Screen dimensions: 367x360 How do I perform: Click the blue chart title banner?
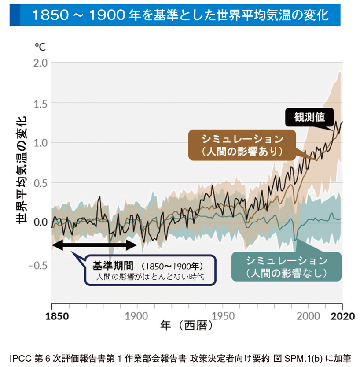click(x=180, y=16)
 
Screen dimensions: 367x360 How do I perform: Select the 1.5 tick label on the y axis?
click(x=40, y=103)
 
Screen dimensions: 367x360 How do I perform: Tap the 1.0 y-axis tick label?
click(x=40, y=142)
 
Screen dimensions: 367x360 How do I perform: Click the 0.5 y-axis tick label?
click(x=40, y=182)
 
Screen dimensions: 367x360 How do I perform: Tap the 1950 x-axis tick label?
click(x=223, y=316)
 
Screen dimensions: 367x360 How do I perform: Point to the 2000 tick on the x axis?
click(x=308, y=316)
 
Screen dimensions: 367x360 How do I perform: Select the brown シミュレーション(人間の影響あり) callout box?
click(x=242, y=145)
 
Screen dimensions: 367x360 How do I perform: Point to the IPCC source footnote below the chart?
click(x=180, y=356)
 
